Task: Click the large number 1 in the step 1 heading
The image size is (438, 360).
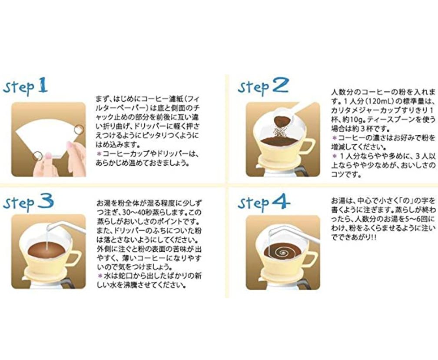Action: pyautogui.click(x=42, y=86)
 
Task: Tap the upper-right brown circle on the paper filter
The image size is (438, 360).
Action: pyautogui.click(x=80, y=129)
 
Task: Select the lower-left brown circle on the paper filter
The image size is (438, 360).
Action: pyautogui.click(x=38, y=156)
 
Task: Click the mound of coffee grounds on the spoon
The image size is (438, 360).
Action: pyautogui.click(x=282, y=120)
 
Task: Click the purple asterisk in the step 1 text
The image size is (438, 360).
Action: pyautogui.click(x=99, y=154)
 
